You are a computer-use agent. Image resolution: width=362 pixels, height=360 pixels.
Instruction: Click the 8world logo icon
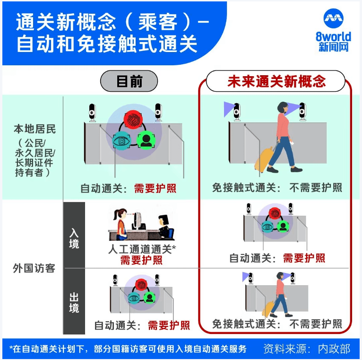(333, 18)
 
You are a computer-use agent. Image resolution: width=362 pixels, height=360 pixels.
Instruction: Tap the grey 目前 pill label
(129, 81)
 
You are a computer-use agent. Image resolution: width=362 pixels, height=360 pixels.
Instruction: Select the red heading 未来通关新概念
(276, 81)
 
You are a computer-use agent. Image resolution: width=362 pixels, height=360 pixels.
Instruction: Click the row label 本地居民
(34, 129)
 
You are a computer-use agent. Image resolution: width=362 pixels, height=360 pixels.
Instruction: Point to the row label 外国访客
(34, 269)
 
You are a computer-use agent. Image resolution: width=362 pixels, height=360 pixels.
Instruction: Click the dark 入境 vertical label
(74, 238)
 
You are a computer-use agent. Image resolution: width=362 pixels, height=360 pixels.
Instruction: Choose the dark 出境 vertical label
(74, 302)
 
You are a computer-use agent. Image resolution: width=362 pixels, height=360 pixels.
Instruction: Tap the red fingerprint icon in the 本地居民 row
(133, 120)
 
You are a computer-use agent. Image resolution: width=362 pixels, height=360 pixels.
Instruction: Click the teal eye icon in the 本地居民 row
(121, 140)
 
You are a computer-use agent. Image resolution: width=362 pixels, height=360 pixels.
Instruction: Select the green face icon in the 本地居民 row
(146, 140)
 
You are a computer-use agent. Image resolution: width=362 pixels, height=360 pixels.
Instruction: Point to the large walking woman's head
(283, 108)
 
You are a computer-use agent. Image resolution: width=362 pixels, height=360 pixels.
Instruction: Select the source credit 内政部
(334, 349)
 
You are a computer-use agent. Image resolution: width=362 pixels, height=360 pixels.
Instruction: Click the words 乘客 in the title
(158, 22)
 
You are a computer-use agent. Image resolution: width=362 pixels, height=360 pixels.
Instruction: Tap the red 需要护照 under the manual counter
(141, 260)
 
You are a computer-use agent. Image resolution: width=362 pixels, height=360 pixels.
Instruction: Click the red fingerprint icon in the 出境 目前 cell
(141, 285)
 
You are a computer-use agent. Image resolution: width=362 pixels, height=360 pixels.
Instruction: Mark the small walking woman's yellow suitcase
(269, 308)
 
